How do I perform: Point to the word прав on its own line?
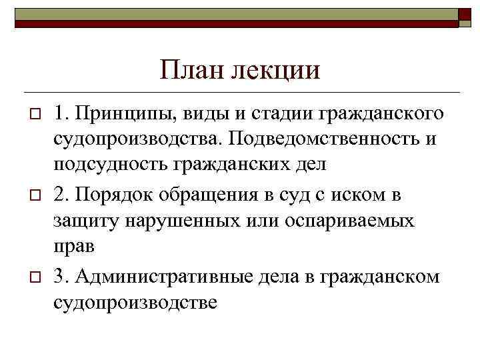(75, 245)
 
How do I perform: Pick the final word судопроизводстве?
(136, 302)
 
